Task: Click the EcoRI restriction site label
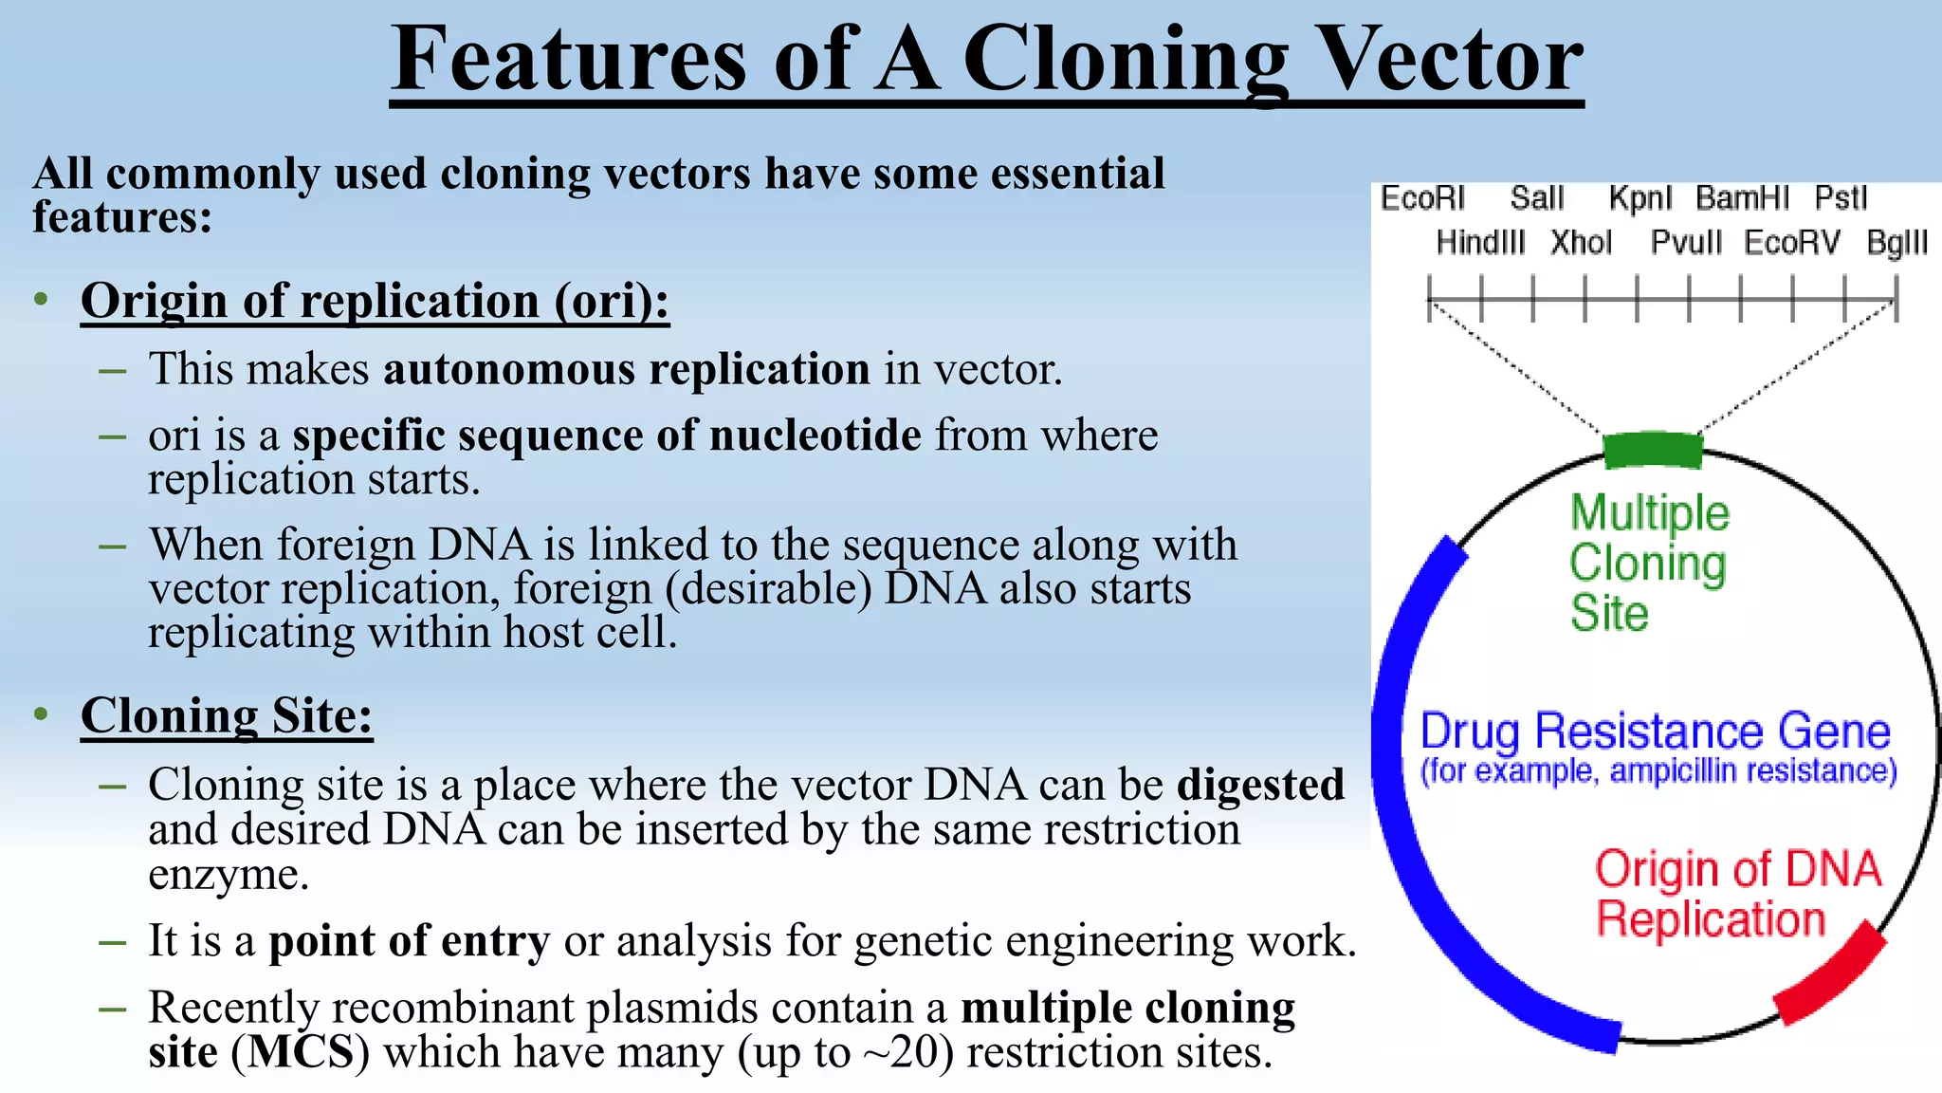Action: [x=1422, y=199]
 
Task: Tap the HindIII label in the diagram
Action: [x=1480, y=243]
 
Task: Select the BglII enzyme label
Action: [x=1896, y=243]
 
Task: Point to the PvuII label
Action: [x=1686, y=243]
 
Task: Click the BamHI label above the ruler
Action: [x=1742, y=199]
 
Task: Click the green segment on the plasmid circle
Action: [x=1652, y=450]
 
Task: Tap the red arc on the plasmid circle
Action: [x=1830, y=974]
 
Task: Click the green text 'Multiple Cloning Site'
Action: [x=1649, y=563]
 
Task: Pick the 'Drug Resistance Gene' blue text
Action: [x=1655, y=732]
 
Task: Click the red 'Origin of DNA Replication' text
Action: [x=1735, y=895]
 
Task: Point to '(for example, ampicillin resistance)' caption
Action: [x=1658, y=771]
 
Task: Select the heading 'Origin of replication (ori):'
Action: [x=375, y=302]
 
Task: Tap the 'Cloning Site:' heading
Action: [x=227, y=715]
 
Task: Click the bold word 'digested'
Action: [x=1260, y=786]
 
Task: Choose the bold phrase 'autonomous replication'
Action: [x=626, y=369]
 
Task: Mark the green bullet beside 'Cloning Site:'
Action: [x=41, y=714]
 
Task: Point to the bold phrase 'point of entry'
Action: [x=409, y=941]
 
